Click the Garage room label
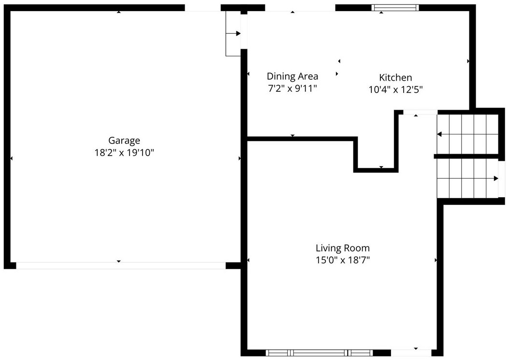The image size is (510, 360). coord(124,141)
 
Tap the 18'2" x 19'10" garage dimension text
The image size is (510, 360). coord(124,153)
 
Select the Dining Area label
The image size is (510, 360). coord(292,76)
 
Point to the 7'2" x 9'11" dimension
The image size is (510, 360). coord(292,88)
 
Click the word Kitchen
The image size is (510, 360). coord(395,77)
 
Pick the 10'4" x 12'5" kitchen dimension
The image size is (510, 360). coord(395,89)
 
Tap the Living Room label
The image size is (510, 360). coord(343,248)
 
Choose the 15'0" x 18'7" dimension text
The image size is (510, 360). coord(343,260)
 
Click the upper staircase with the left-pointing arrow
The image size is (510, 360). coord(467,134)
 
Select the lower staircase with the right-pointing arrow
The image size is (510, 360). coord(467,178)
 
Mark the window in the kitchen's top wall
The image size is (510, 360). coord(395,8)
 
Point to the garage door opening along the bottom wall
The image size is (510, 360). coord(121,265)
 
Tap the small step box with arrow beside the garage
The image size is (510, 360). coord(233,33)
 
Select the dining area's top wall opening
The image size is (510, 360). coord(300,8)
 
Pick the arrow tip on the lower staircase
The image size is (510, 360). coord(496,178)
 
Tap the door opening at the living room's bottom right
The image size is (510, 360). coord(411,353)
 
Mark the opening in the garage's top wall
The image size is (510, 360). coord(203,8)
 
